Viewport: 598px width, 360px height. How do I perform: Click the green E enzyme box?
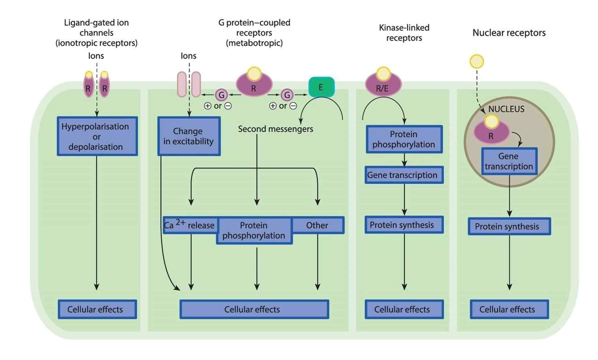(x=321, y=87)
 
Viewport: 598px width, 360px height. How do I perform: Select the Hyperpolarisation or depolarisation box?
(x=97, y=136)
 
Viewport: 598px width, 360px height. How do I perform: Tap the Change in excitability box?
(x=189, y=136)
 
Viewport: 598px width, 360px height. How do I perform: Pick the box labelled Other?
(x=318, y=225)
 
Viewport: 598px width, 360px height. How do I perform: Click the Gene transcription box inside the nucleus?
(x=509, y=161)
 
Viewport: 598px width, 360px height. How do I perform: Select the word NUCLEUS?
(x=506, y=109)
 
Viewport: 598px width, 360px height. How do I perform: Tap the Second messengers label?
(x=275, y=129)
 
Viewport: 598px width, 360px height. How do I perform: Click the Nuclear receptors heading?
(x=509, y=33)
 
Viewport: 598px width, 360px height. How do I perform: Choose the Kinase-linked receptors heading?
(x=404, y=33)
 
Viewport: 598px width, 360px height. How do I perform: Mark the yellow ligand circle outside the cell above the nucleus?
(x=476, y=61)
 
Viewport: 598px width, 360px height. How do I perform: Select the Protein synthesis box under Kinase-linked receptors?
(x=404, y=225)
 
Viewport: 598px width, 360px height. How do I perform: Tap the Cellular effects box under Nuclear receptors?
(x=509, y=309)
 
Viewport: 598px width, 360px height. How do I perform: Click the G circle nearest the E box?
(x=287, y=95)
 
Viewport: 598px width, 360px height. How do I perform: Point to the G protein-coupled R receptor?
(x=254, y=85)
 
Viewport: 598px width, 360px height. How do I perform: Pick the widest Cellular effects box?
(x=254, y=309)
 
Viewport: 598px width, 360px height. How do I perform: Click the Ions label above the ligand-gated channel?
(x=96, y=56)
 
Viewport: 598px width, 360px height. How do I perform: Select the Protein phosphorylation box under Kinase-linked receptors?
(x=404, y=139)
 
